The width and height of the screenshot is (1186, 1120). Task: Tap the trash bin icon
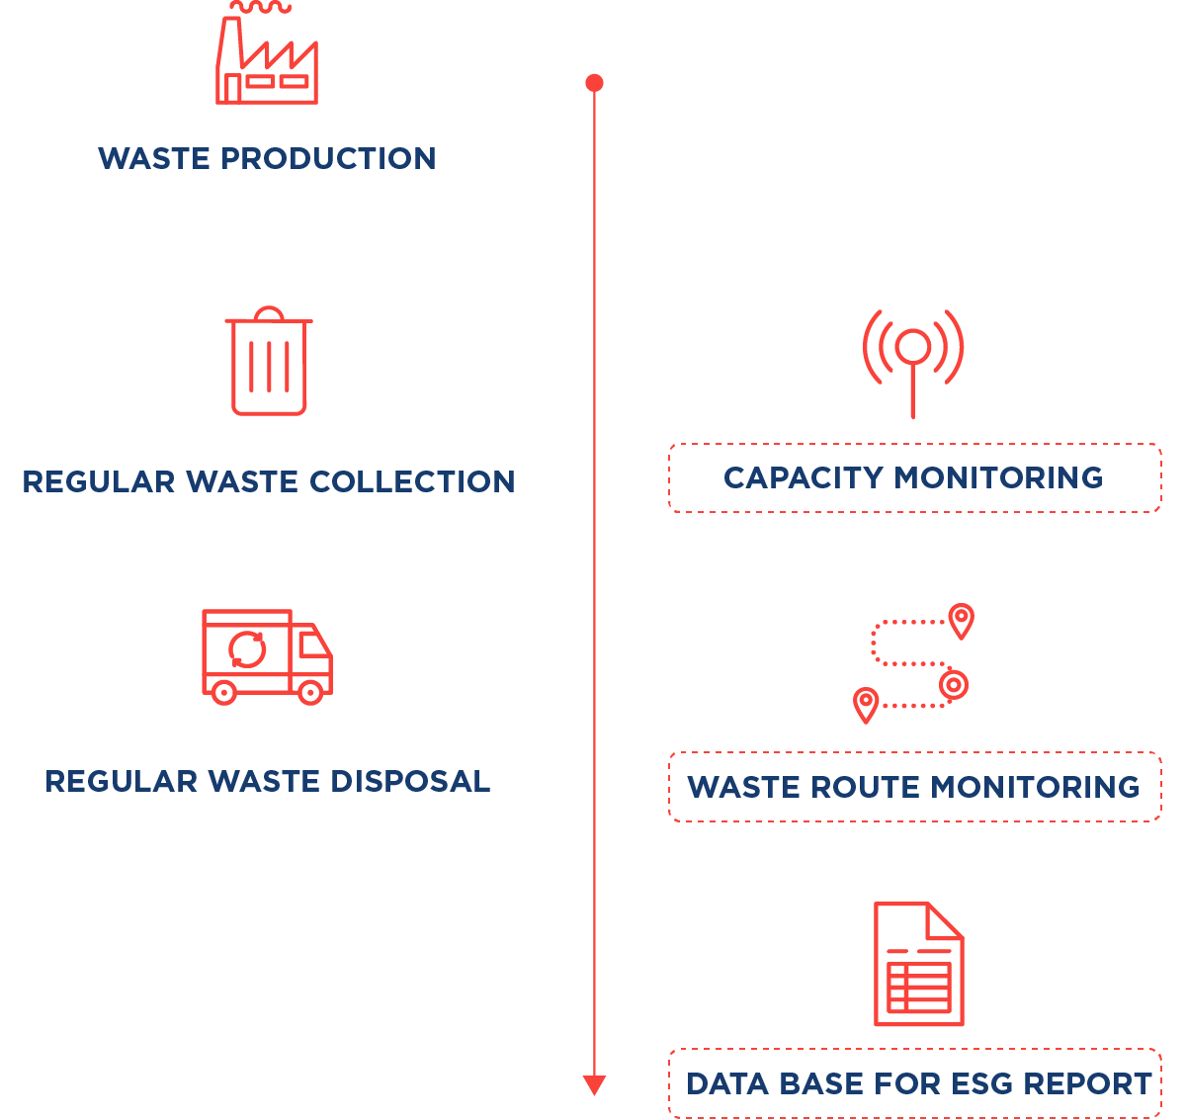click(x=269, y=362)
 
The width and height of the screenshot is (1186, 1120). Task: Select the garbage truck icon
click(x=266, y=655)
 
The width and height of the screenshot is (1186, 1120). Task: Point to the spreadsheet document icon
click(x=918, y=964)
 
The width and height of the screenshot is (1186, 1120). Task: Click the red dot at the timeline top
click(x=594, y=83)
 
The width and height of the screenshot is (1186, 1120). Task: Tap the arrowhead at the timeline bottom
click(x=594, y=1085)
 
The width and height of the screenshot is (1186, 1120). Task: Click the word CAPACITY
click(x=803, y=478)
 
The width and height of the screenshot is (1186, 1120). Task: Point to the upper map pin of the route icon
click(x=961, y=620)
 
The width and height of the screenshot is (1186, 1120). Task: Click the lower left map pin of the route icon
click(x=866, y=704)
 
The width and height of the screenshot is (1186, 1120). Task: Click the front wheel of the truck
click(x=310, y=692)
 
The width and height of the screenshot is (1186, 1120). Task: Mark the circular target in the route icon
click(x=953, y=684)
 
